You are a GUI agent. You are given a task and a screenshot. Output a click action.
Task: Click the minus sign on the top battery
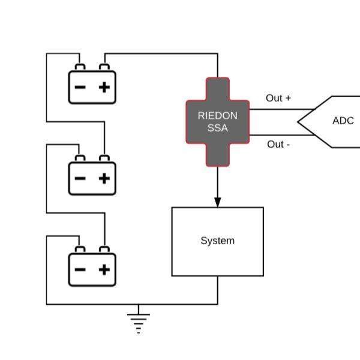coord(80,87)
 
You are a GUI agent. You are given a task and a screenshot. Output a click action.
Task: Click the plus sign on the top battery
coord(104,87)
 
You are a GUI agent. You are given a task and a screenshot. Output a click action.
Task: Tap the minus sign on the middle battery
coord(80,178)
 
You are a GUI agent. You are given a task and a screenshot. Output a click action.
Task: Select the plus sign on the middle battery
coord(104,178)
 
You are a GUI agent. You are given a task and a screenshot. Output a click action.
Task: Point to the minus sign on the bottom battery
coord(80,269)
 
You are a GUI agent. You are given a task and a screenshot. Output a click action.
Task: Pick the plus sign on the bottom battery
coord(104,269)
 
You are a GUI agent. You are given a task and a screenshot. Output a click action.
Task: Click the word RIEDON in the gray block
coord(218,116)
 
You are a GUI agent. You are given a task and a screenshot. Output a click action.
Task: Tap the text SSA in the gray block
coord(218,128)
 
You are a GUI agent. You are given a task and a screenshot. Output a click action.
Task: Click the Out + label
coord(278,98)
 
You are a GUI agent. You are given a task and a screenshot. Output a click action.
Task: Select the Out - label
coord(278,145)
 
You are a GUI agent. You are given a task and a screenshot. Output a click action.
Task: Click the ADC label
coord(343,121)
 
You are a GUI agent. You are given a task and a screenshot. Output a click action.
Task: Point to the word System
coord(218,241)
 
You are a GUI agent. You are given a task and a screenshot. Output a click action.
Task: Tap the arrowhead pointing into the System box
coord(218,202)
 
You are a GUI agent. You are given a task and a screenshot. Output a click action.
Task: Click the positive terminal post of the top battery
coord(104,67)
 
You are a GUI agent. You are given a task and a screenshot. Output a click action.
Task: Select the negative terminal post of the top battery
coord(80,67)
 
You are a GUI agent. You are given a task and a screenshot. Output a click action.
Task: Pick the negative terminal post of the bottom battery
coord(80,250)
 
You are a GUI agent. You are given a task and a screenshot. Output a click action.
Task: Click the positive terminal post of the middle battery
coord(104,158)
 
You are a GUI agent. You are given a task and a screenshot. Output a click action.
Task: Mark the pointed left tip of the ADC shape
coord(298,122)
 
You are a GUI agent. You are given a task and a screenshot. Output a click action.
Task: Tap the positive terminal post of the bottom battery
coord(104,250)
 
